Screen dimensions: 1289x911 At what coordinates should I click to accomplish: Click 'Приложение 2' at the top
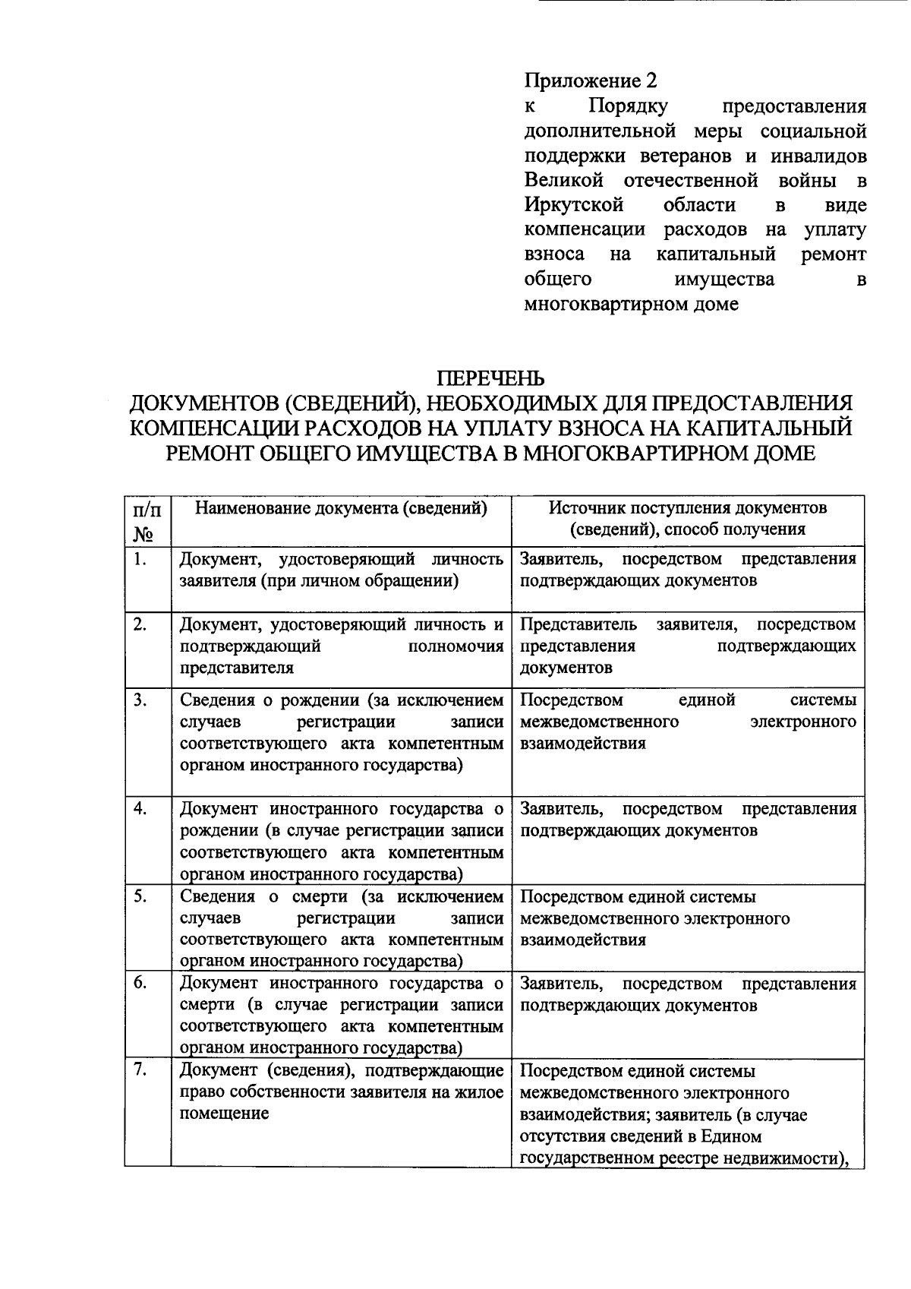pyautogui.click(x=590, y=81)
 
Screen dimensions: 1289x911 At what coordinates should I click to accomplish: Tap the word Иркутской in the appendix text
pyautogui.click(x=574, y=205)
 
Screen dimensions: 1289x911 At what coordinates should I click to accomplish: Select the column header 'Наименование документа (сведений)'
pyautogui.click(x=341, y=507)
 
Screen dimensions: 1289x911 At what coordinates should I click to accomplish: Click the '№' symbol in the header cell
pyautogui.click(x=143, y=534)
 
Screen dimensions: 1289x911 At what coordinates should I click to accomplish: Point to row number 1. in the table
pyautogui.click(x=139, y=560)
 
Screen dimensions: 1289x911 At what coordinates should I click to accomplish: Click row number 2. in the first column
pyautogui.click(x=139, y=624)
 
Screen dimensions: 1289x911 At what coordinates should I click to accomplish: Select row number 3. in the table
pyautogui.click(x=139, y=700)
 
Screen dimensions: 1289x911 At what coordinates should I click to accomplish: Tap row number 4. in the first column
pyautogui.click(x=139, y=808)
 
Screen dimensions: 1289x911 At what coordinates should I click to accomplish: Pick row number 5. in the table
pyautogui.click(x=139, y=896)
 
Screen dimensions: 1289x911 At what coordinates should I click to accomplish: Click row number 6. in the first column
pyautogui.click(x=139, y=983)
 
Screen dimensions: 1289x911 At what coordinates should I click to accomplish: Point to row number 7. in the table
pyautogui.click(x=139, y=1070)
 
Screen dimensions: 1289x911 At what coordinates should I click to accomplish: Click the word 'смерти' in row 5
pyautogui.click(x=320, y=897)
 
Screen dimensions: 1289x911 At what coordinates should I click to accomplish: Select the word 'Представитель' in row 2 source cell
pyautogui.click(x=578, y=624)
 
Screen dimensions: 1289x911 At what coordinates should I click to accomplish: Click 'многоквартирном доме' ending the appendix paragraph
pyautogui.click(x=631, y=305)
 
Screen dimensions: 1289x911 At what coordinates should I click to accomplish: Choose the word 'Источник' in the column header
pyautogui.click(x=582, y=507)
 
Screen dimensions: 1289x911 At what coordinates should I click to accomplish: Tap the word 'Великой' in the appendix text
pyautogui.click(x=563, y=181)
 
